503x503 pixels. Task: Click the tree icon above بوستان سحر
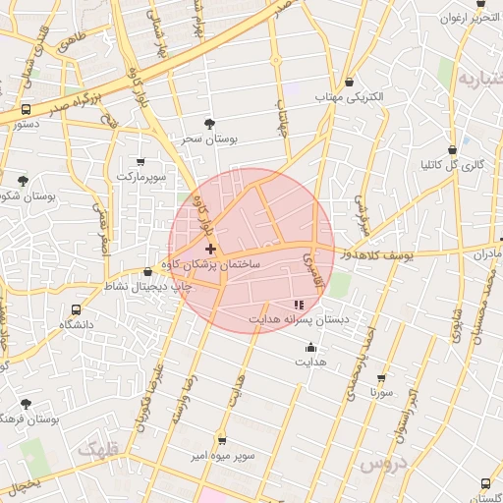(208, 123)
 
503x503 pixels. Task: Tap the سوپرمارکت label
(143, 177)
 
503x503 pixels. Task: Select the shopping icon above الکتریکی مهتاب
(351, 83)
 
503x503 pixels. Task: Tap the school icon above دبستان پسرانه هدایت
(299, 305)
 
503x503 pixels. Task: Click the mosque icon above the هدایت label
(310, 346)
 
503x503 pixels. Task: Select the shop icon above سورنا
(381, 377)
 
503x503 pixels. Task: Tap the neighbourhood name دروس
(381, 463)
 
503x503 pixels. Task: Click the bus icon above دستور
(26, 109)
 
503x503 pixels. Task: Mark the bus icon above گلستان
(485, 482)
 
